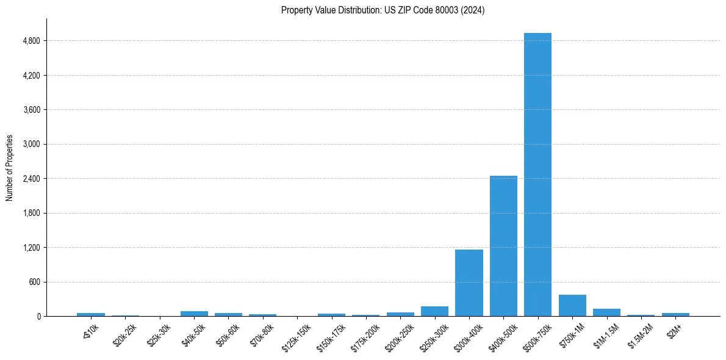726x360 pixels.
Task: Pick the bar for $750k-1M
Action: [x=572, y=305]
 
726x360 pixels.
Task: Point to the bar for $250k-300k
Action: [x=434, y=311]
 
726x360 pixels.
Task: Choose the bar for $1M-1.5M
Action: [x=606, y=312]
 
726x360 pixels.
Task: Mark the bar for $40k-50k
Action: [x=194, y=314]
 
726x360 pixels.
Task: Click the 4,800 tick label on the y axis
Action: [x=31, y=41]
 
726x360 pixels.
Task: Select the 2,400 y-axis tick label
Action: [x=31, y=179]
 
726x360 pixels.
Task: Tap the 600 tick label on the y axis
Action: [x=34, y=282]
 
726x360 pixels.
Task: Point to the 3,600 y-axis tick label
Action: [x=31, y=110]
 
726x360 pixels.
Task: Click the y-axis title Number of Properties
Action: [x=10, y=167]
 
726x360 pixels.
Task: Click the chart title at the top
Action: [x=383, y=10]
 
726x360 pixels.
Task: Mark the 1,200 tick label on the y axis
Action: [x=31, y=248]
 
